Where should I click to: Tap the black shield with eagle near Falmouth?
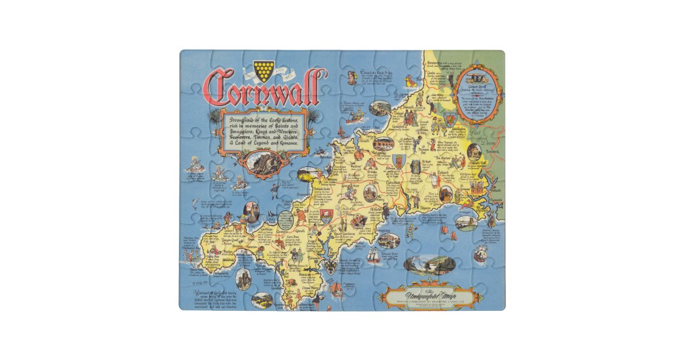pyautogui.click(x=330, y=267)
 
